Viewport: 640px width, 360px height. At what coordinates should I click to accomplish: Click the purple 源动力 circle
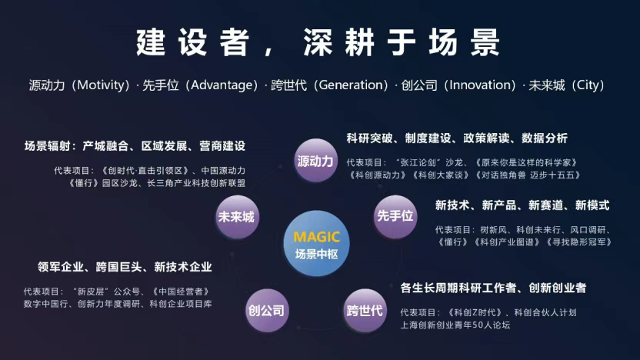pyautogui.click(x=315, y=161)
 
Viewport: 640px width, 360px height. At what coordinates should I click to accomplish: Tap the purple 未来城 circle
pyautogui.click(x=237, y=217)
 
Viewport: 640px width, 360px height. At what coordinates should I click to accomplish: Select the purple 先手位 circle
pyautogui.click(x=395, y=216)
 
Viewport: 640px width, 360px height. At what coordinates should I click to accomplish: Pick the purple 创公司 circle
pyautogui.click(x=267, y=310)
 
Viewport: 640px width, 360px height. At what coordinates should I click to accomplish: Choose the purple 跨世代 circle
pyautogui.click(x=365, y=310)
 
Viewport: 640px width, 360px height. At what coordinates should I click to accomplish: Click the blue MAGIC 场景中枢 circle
pyautogui.click(x=316, y=243)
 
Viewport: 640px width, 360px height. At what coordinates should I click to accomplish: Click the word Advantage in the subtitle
pyautogui.click(x=222, y=85)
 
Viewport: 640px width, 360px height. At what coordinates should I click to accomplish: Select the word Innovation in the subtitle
pyautogui.click(x=479, y=85)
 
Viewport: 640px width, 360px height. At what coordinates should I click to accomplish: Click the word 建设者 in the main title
pyautogui.click(x=192, y=42)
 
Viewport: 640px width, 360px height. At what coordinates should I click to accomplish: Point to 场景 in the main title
pyautogui.click(x=464, y=42)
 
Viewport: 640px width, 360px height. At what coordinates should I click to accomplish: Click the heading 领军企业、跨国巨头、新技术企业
pyautogui.click(x=125, y=267)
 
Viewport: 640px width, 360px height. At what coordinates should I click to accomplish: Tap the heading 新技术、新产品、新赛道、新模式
pyautogui.click(x=522, y=205)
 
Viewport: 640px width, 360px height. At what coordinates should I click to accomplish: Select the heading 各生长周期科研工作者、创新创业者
pyautogui.click(x=493, y=288)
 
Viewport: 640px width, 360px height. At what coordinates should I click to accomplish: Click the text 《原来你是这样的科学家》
pyautogui.click(x=526, y=162)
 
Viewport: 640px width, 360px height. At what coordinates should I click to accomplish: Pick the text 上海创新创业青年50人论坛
pyautogui.click(x=455, y=325)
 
